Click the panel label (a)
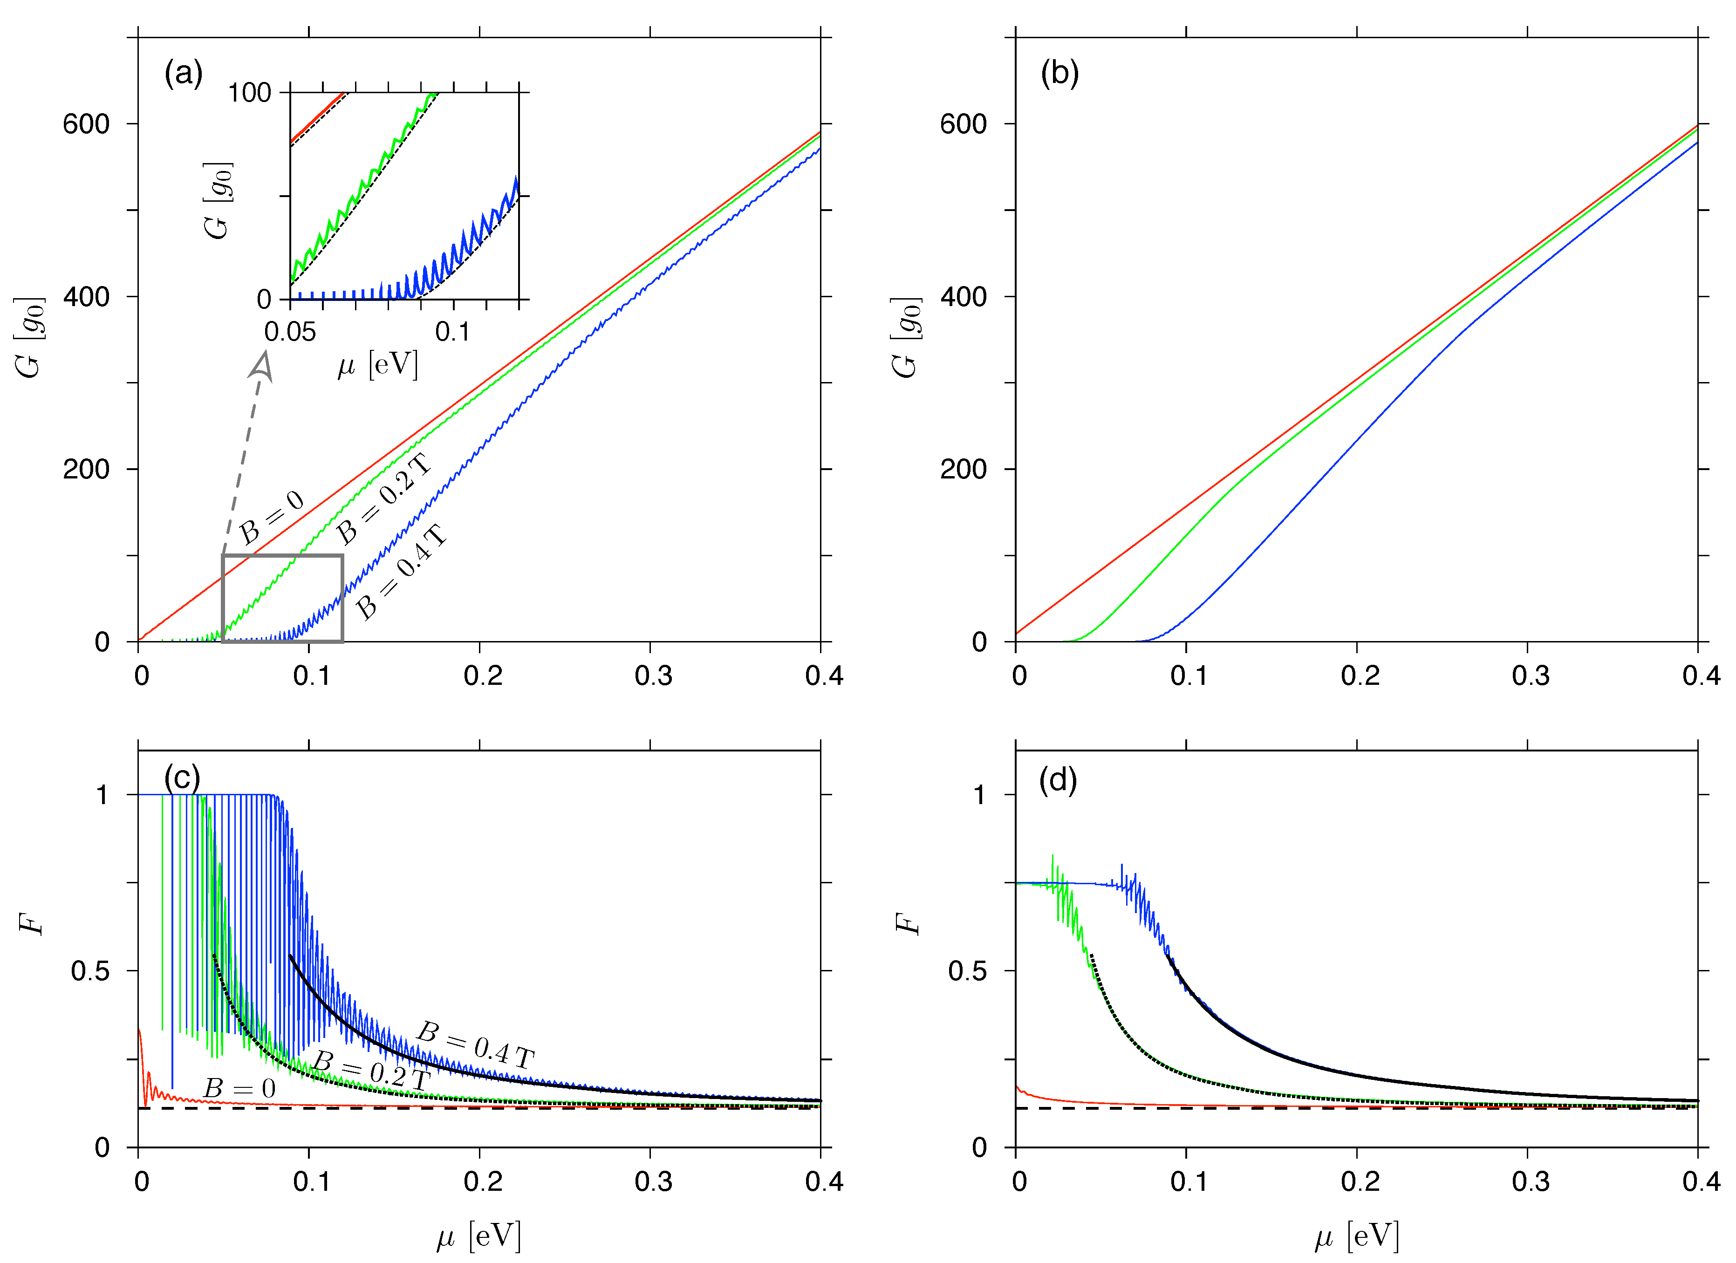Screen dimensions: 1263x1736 [183, 74]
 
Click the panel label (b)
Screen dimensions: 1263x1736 [1059, 74]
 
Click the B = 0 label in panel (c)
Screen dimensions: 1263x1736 [239, 1088]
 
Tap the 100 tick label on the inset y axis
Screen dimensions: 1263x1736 [250, 93]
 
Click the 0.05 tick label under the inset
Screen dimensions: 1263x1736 [290, 332]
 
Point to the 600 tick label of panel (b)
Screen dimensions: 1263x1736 [963, 124]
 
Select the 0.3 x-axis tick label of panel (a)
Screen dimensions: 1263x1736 [653, 676]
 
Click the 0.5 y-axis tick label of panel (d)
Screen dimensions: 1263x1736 [966, 971]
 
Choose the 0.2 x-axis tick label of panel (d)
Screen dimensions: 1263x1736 [1360, 1182]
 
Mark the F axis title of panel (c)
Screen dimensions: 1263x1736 [31, 925]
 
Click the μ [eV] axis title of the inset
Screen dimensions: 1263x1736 [378, 365]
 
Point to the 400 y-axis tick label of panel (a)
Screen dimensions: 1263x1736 [86, 297]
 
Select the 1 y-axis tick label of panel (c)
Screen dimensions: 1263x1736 [102, 795]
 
